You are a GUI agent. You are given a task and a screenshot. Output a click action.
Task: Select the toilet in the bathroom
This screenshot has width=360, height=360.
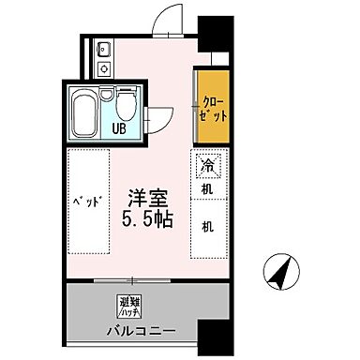point(124,101)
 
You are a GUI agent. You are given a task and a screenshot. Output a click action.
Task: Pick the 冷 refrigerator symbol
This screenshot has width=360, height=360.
point(206,167)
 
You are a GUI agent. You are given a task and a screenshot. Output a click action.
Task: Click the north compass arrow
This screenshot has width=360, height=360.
point(281,274)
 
